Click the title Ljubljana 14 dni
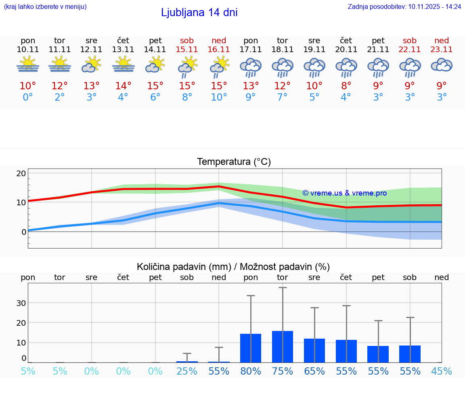pyautogui.click(x=199, y=13)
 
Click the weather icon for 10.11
pyautogui.click(x=28, y=64)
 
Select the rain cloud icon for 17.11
pyautogui.click(x=251, y=67)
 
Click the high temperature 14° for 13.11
pyautogui.click(x=123, y=86)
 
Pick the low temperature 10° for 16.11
pyautogui.click(x=219, y=97)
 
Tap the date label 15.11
pyautogui.click(x=187, y=49)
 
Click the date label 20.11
pyautogui.click(x=346, y=49)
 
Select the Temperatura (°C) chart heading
pyautogui.click(x=234, y=162)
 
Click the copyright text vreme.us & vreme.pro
pyautogui.click(x=345, y=193)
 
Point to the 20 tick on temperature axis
pyautogui.click(x=21, y=173)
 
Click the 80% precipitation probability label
pyautogui.click(x=251, y=371)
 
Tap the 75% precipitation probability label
pyautogui.click(x=283, y=371)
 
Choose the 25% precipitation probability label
pyautogui.click(x=187, y=371)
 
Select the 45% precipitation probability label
pyautogui.click(x=442, y=371)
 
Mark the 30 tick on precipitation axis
pyautogui.click(x=21, y=303)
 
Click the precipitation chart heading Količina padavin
pyautogui.click(x=233, y=267)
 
